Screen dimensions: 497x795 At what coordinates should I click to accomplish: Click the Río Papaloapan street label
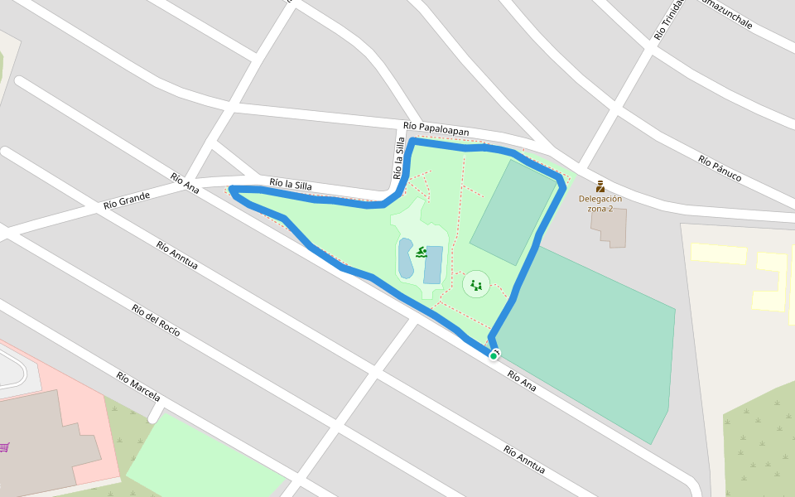click(436, 128)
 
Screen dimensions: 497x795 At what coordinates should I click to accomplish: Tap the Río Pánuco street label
click(720, 169)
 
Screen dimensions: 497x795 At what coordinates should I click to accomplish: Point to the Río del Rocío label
click(156, 321)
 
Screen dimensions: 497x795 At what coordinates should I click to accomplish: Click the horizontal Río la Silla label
click(291, 184)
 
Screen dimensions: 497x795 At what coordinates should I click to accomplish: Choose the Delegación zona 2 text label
click(600, 203)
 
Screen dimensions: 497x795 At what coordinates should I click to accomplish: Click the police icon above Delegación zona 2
click(600, 186)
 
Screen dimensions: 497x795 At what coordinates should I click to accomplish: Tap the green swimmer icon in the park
click(422, 252)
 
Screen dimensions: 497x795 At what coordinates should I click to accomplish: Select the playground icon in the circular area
click(476, 285)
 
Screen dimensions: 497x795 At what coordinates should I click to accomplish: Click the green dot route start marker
click(494, 356)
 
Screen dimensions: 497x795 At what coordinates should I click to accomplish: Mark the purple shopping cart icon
click(5, 447)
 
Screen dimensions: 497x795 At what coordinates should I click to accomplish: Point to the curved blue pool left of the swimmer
click(405, 258)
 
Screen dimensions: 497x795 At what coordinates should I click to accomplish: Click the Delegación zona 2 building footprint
click(614, 228)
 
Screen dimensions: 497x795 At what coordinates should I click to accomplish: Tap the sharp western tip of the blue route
click(231, 191)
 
